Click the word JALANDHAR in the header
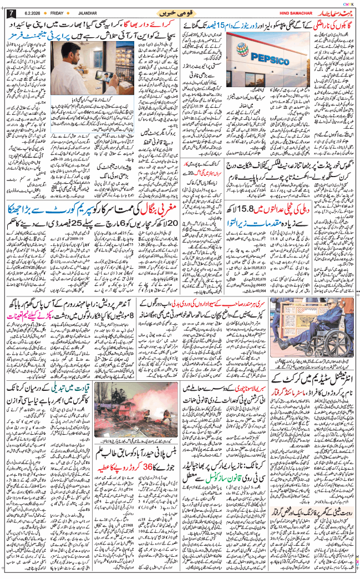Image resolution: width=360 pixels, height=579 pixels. [x=88, y=13]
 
